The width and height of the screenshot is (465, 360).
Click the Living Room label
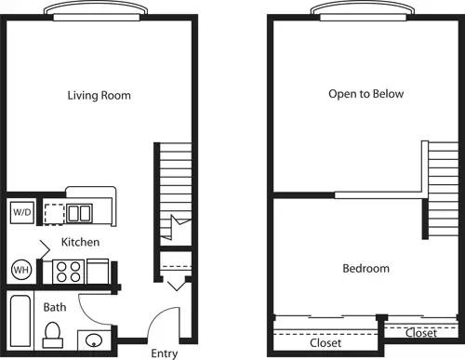coord(99,95)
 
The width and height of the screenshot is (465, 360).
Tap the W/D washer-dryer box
coord(20,212)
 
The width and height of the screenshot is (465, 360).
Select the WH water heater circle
coord(20,271)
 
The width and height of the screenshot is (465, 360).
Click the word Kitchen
coord(80,242)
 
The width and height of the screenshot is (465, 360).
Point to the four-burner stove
coord(68,271)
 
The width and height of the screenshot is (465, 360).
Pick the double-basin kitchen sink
coord(79,213)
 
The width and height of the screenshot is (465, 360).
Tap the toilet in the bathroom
coord(52,331)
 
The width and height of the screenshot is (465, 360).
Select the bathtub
coord(20,321)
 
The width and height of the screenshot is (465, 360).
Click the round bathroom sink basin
coord(94,340)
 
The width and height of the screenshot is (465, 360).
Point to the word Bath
coord(54,306)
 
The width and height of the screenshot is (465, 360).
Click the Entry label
coord(165,353)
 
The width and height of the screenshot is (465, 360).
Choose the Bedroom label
coord(365,268)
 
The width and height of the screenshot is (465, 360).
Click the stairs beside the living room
coord(174,186)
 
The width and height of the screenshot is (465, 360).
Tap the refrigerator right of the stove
coord(98,273)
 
